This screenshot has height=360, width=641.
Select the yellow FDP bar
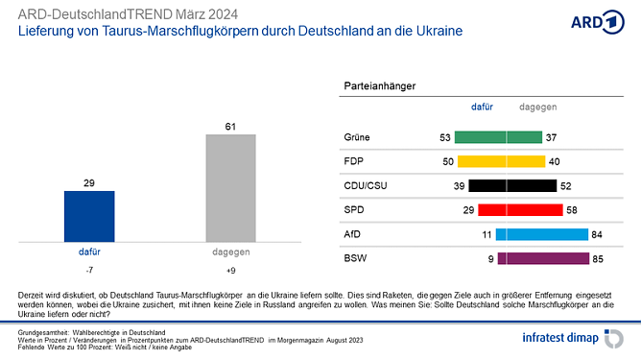point(501,161)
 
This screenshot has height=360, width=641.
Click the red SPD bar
point(520,209)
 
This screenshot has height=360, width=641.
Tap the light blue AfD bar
point(540,233)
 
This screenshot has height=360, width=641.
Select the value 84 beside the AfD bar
point(598,233)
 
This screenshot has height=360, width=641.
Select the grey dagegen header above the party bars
point(537,108)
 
